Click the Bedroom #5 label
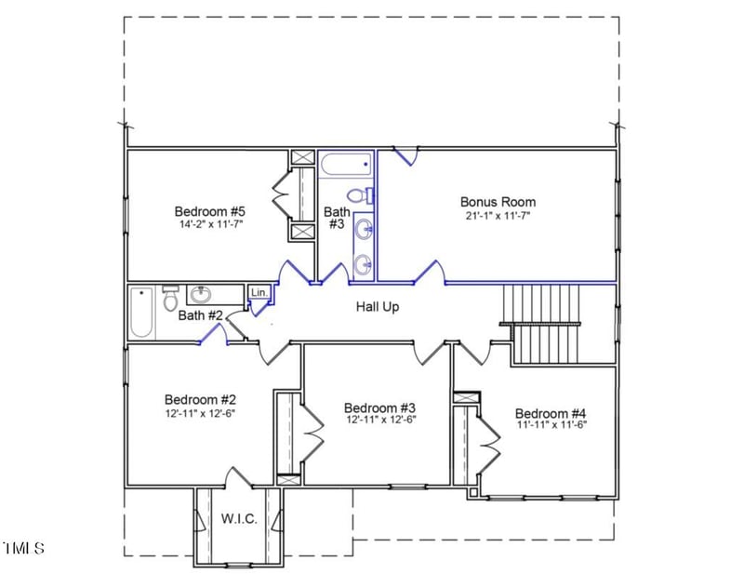209,210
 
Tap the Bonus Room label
498,201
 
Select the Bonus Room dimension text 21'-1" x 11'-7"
498,215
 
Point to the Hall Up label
377,306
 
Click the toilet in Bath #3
358,195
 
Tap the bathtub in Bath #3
345,166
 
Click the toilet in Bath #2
170,299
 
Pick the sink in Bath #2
200,296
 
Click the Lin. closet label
259,293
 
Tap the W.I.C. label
239,518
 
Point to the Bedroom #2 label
199,398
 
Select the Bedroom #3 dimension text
379,420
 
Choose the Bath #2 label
200,315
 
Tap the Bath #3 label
336,218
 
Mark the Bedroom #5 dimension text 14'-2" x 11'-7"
209,224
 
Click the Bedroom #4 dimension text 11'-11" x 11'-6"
551,425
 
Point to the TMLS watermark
23,548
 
